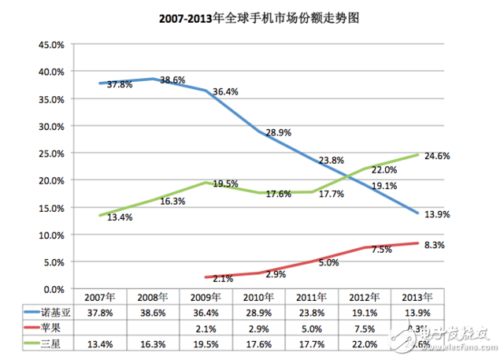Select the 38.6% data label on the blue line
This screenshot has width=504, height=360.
(172, 80)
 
